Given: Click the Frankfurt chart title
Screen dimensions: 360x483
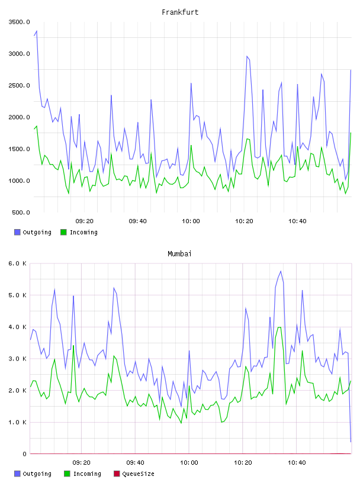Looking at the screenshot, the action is tap(180, 12).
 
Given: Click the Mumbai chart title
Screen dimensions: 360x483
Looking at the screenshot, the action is tap(179, 254).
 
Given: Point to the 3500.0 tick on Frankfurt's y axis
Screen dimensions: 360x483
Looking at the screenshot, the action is tap(20, 22).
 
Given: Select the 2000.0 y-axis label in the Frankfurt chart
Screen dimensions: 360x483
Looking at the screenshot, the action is tap(20, 117).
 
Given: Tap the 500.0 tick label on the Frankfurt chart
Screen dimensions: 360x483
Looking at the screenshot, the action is tap(21, 212).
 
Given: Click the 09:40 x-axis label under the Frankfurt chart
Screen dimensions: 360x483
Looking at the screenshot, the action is tap(137, 221).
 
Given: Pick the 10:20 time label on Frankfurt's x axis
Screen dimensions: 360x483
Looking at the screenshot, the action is tap(244, 221).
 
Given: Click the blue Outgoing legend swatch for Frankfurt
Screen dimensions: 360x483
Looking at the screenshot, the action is tap(17, 232).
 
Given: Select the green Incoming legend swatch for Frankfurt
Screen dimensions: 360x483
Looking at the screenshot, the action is tap(63, 232).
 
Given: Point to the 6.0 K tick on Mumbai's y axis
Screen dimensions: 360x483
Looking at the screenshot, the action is tap(18, 263).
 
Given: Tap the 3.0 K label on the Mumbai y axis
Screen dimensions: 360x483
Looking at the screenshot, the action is tap(18, 359).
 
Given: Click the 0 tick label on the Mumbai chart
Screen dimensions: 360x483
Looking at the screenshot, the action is tap(25, 454).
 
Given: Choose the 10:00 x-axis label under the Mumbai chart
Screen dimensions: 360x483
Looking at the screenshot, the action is tap(189, 463).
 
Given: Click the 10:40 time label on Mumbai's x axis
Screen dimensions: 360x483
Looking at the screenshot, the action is tap(297, 463).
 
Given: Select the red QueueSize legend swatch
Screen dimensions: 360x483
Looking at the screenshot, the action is tap(117, 474).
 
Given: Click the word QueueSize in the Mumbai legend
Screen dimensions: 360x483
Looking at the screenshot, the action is tap(138, 474).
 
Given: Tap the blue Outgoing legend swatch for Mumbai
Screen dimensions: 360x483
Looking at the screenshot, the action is tap(17, 474).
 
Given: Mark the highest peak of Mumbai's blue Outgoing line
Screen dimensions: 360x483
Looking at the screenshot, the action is tap(281, 271).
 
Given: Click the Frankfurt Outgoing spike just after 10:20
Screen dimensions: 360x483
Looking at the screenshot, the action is tap(247, 56).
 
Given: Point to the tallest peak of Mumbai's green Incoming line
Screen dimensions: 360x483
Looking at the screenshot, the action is tap(279, 327).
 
